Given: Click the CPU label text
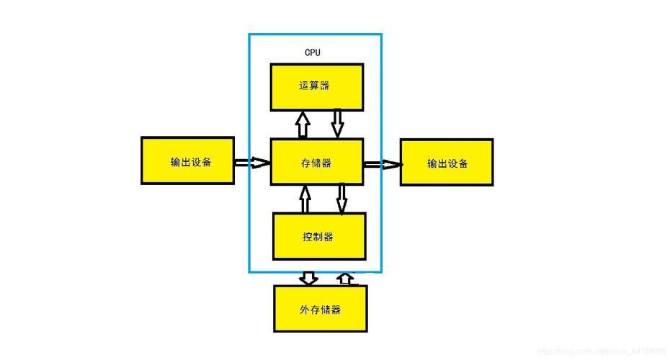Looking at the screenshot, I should click(313, 53).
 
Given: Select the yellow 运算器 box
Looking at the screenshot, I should click(316, 86).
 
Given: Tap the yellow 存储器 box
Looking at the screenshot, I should click(317, 163).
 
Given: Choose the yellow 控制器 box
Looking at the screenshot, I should click(319, 236).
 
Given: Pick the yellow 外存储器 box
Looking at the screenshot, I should click(320, 309).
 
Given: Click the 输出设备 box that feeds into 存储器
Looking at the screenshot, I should click(187, 161).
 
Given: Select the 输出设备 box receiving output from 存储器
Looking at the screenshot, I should click(447, 163).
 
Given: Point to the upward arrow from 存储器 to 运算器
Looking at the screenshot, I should click(303, 124).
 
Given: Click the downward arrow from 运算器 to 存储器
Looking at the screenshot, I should click(337, 123).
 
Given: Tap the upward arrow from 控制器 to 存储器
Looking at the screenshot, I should click(305, 199).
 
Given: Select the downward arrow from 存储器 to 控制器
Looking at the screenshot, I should click(341, 199).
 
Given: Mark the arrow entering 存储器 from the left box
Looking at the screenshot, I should click(252, 163).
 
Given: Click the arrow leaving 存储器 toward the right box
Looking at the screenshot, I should click(382, 165).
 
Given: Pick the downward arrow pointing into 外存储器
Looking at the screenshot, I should click(309, 278).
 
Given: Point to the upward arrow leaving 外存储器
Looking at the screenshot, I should click(347, 279).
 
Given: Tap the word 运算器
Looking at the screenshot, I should click(314, 86).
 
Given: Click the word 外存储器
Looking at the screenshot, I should click(320, 310).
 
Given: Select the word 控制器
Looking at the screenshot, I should click(318, 236).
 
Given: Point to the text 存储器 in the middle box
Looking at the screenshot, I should click(316, 163).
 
